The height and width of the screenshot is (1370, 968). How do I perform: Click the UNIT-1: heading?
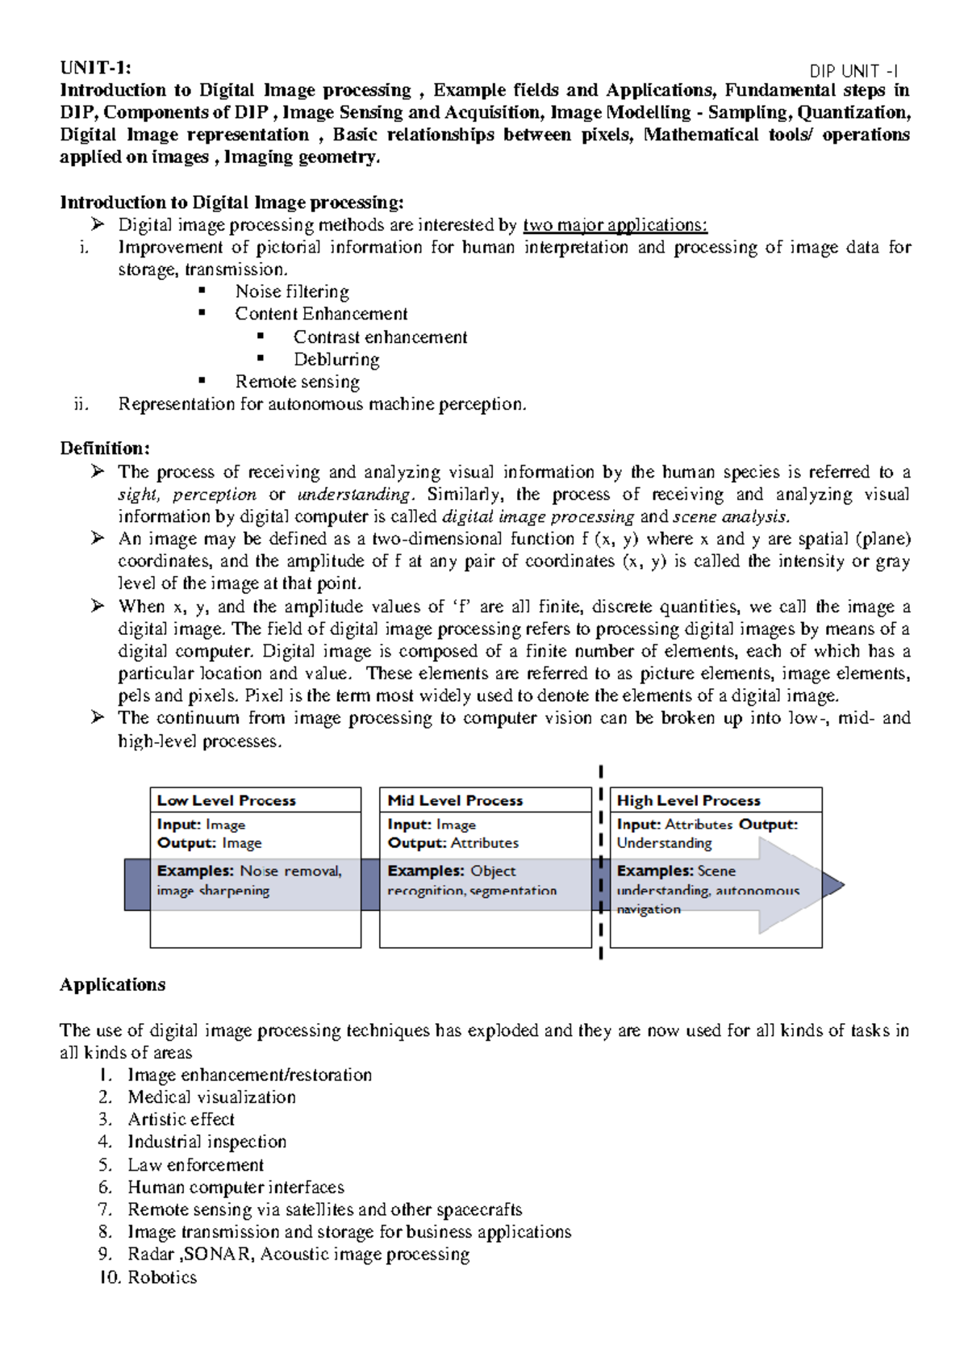[95, 68]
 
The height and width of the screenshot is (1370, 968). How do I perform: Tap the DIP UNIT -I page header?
[854, 72]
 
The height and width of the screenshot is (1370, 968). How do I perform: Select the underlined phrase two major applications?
[615, 225]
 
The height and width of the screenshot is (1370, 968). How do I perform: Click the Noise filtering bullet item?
[292, 292]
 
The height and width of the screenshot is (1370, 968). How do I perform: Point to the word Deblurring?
[336, 360]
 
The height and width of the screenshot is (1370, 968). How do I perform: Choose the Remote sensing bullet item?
[297, 382]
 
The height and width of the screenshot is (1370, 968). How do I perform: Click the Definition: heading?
[105, 449]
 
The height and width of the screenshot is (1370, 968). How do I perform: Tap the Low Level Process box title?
[227, 800]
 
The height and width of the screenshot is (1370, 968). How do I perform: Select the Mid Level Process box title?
[455, 800]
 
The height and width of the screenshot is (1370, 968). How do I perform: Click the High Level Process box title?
[689, 800]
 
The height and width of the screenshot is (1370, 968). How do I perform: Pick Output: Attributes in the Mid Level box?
[453, 843]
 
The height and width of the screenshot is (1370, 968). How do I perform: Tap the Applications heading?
[113, 985]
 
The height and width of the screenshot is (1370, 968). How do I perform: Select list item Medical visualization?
[211, 1097]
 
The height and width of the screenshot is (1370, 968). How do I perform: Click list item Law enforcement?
[195, 1165]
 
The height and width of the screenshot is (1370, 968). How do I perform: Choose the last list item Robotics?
[162, 1277]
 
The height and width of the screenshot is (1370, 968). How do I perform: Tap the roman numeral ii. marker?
[81, 405]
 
